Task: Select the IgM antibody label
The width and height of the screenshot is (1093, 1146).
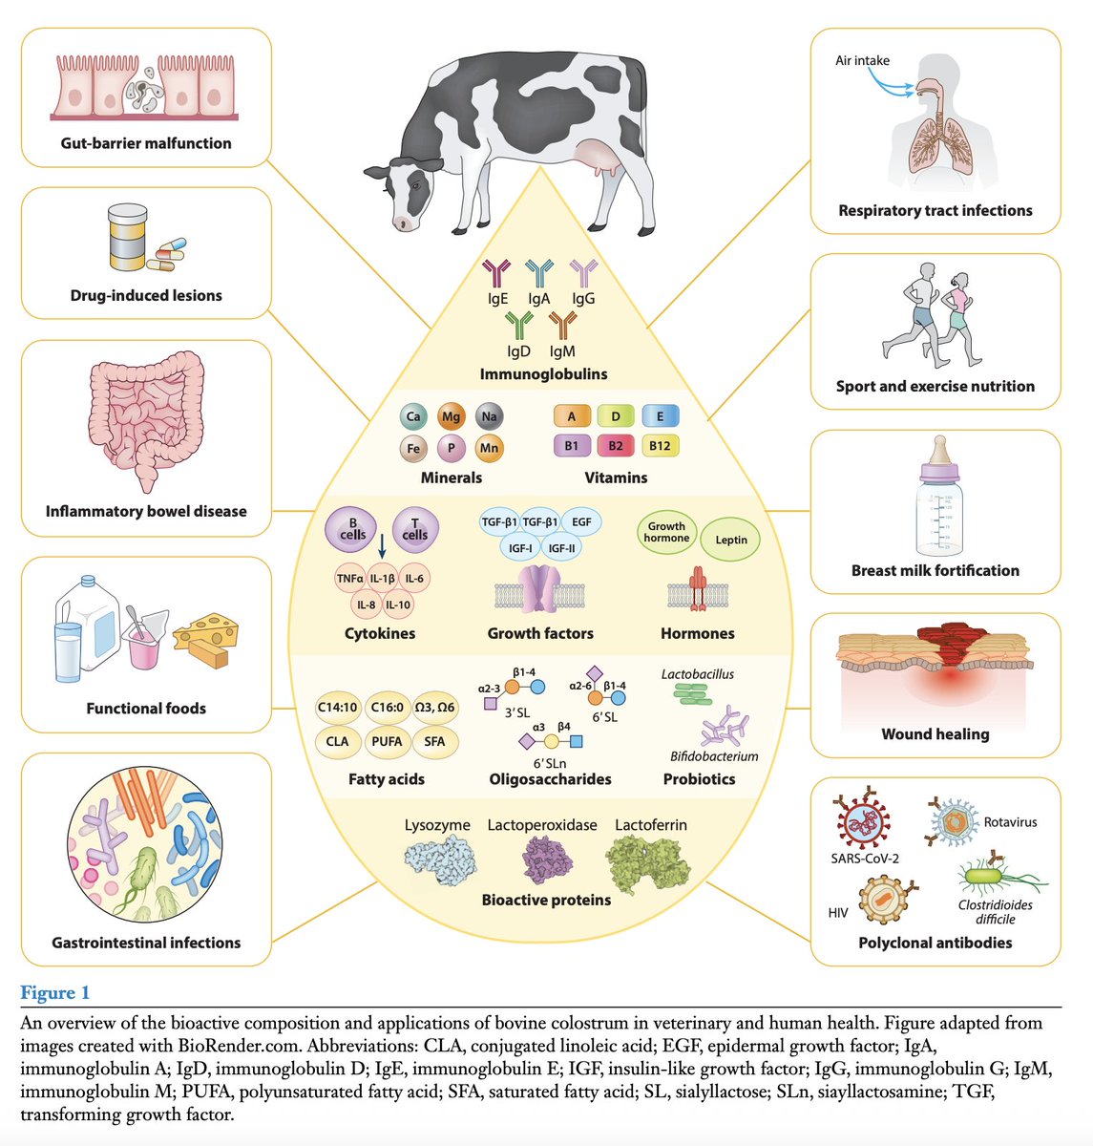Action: click(x=562, y=351)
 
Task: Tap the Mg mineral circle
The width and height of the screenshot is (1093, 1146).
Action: click(x=451, y=417)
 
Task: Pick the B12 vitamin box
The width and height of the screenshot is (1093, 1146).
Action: click(x=660, y=446)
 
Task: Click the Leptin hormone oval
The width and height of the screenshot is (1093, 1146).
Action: click(x=731, y=540)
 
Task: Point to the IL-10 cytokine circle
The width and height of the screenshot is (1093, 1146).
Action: click(x=398, y=605)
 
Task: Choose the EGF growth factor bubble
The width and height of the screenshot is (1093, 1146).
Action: click(x=581, y=522)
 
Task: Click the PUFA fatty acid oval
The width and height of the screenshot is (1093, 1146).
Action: click(x=387, y=741)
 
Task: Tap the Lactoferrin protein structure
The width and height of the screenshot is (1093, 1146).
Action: click(x=650, y=862)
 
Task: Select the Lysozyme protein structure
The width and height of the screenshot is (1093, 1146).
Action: click(x=436, y=863)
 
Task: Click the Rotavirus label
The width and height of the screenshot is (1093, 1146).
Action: click(x=1010, y=822)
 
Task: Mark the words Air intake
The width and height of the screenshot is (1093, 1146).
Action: click(x=862, y=60)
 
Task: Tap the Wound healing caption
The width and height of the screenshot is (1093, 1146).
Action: click(x=935, y=734)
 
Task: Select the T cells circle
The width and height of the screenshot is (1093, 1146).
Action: click(x=415, y=529)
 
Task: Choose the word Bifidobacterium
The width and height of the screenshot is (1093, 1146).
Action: click(x=714, y=756)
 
